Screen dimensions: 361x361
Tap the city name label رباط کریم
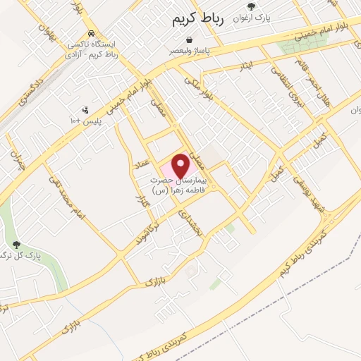197,20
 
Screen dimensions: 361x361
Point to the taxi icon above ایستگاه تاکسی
92,33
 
